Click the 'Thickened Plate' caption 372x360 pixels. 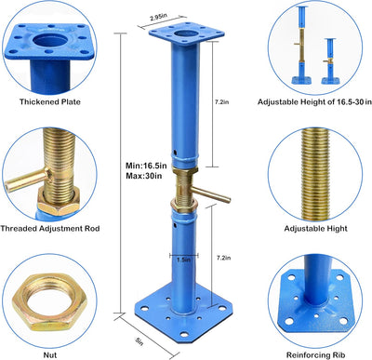click(50, 102)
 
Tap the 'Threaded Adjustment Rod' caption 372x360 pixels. click(50, 229)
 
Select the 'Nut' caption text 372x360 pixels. click(50, 354)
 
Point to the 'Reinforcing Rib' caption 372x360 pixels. click(315, 355)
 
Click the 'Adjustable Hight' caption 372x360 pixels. click(315, 229)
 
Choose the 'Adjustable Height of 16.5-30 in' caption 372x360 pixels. click(314, 102)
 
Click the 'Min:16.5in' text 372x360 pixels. click(146, 166)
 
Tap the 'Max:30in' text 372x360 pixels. click(143, 176)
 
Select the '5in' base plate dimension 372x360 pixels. click(139, 341)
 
